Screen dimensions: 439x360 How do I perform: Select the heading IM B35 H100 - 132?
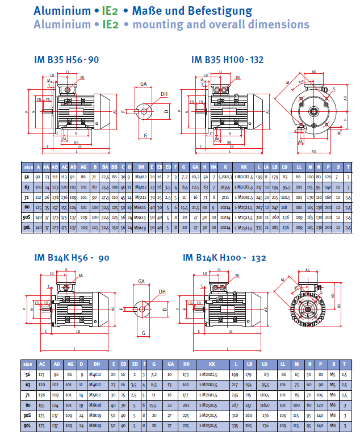[228, 60]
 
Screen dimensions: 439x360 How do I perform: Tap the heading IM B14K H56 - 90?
[70, 258]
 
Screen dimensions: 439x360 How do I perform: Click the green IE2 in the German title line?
[107, 10]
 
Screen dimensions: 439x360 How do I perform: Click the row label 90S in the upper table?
[27, 218]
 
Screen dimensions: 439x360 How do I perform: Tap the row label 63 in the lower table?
[28, 384]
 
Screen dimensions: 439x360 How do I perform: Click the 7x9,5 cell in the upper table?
[225, 187]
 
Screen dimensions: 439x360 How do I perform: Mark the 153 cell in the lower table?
[185, 374]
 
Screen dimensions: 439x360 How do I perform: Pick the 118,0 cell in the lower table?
[265, 405]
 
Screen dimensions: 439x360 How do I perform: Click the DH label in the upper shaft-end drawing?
[164, 94]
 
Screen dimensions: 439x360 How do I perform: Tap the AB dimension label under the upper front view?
[314, 151]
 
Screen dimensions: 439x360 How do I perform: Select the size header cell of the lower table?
[28, 363]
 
